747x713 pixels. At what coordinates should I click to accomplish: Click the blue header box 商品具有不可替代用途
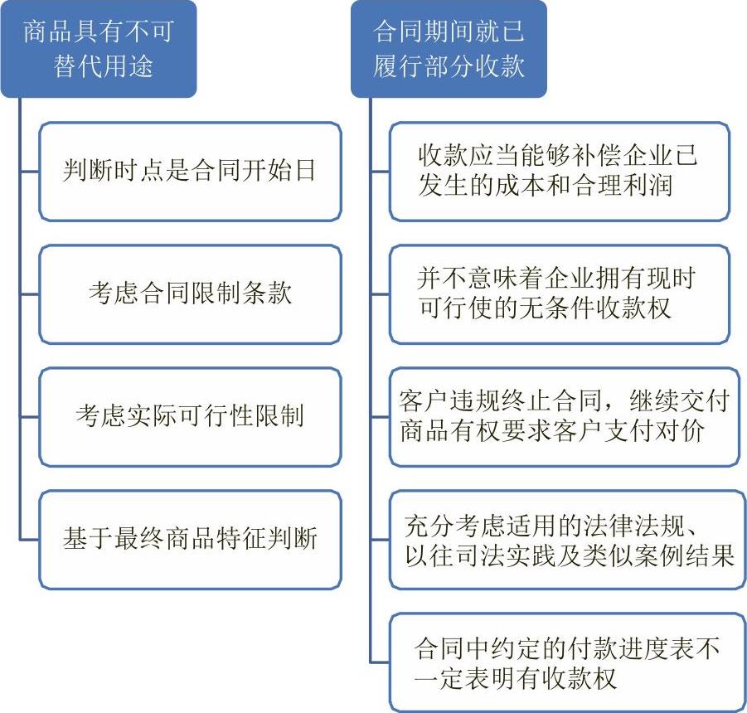99,49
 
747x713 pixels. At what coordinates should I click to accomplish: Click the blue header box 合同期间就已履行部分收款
449,49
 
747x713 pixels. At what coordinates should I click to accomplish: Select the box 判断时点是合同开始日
190,172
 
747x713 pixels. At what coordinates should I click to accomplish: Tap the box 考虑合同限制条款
190,293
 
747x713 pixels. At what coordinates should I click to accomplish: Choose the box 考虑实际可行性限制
190,417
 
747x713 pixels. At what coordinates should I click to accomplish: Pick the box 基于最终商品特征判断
190,540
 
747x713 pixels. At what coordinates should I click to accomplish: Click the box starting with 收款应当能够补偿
560,172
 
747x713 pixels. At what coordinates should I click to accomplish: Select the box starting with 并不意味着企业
560,293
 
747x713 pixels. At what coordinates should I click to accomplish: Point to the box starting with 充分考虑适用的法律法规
567,540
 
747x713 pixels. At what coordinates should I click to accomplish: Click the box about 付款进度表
567,662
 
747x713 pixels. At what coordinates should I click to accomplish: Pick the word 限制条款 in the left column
241,292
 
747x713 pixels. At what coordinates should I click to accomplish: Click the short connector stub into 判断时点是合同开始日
30,172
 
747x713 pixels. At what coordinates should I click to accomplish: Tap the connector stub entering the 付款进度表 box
381,662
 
